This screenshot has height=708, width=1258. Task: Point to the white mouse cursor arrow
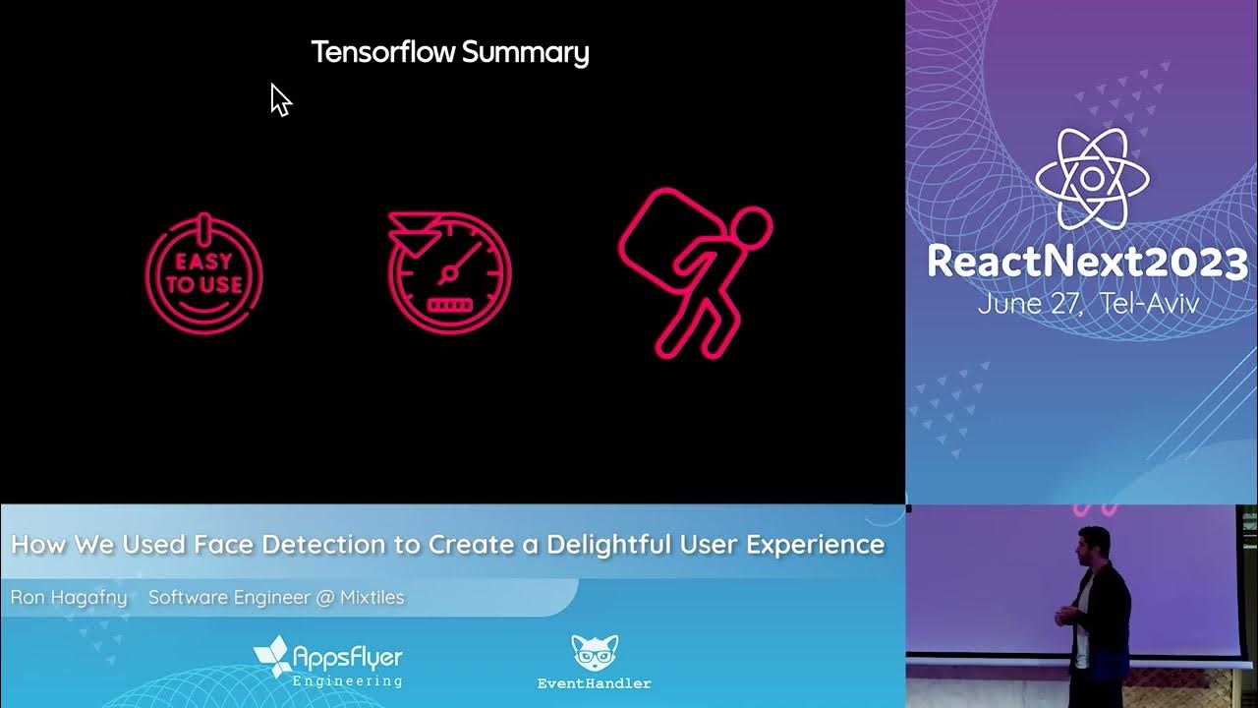pos(279,98)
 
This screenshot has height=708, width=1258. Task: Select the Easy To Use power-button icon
pos(204,272)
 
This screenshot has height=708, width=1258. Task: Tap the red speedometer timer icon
pos(449,269)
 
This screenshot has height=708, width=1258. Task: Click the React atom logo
pos(1091,180)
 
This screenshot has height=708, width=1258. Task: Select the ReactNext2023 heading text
pos(1086,263)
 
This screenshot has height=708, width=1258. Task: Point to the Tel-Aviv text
pos(1151,303)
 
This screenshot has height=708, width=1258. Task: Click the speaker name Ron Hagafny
pos(69,597)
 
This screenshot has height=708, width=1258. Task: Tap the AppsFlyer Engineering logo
pos(328,662)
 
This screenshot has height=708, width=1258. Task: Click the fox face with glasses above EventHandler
pos(594,653)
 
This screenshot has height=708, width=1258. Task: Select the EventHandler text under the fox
pos(594,682)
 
